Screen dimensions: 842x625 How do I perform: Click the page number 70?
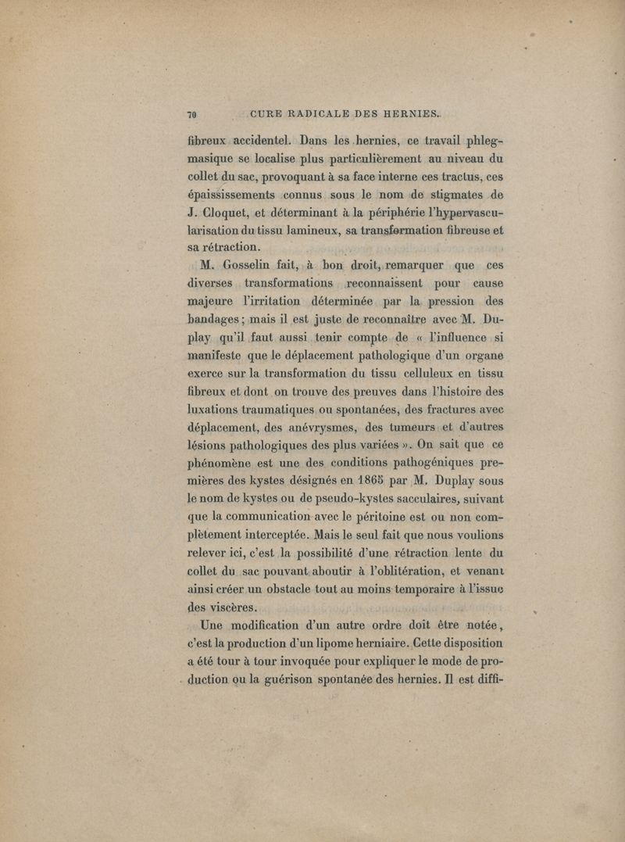click(x=191, y=114)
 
